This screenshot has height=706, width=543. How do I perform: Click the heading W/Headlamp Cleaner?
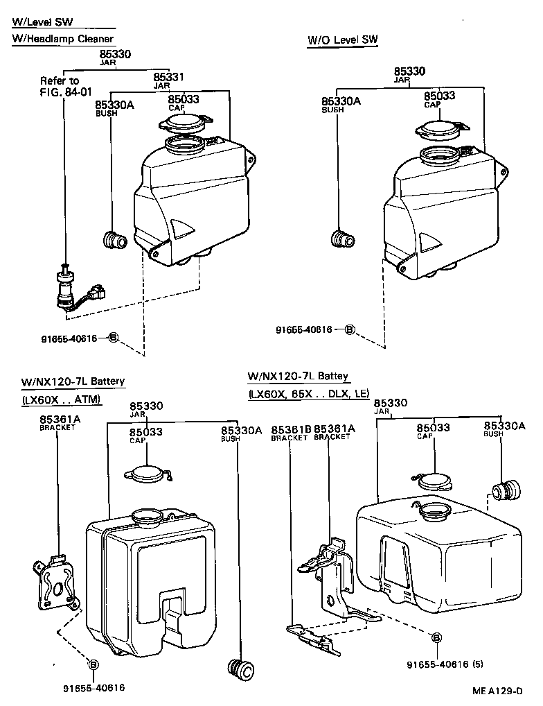[62, 39]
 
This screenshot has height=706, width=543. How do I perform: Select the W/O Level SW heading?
[343, 40]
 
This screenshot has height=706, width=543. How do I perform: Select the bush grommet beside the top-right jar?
[342, 239]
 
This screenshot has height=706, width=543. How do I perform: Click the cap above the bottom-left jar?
[148, 474]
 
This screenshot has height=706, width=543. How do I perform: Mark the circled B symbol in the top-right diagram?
[350, 329]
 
